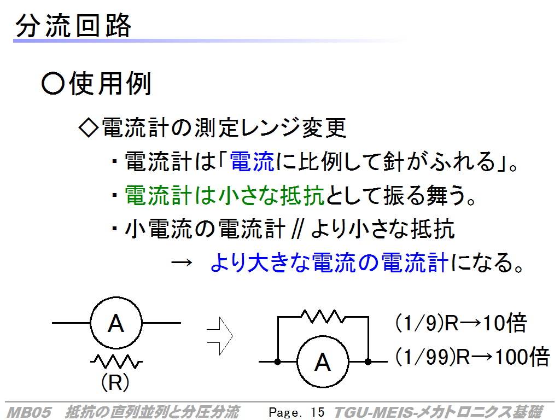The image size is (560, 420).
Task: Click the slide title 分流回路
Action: coord(74,25)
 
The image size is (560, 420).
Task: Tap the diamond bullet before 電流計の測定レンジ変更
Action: coord(88,127)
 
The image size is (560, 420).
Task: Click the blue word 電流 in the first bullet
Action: coord(252,161)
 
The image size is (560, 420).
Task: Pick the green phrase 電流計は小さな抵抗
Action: coord(225,195)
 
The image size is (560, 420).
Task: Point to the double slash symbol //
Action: coord(297,229)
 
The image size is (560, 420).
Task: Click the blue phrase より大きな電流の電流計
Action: coord(329,262)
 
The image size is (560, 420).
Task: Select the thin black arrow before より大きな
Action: coord(182,263)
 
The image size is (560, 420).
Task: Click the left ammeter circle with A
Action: coord(116,323)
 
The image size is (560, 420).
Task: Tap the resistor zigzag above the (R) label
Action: coord(116,361)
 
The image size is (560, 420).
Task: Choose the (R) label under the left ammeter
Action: coord(115,382)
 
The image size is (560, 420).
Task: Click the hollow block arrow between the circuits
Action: coord(220,336)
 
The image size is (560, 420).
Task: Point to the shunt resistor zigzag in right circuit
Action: coord(323,317)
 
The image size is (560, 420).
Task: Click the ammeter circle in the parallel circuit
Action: coord(323,361)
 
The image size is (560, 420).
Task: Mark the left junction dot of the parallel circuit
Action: coord(277,362)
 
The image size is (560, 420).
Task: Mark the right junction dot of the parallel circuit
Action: coord(368,362)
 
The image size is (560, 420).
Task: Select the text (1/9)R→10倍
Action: coord(461,323)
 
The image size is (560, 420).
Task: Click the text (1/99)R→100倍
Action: coord(472,357)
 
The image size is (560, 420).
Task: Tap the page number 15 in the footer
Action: coord(317,412)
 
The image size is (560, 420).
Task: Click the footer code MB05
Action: coord(29,412)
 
